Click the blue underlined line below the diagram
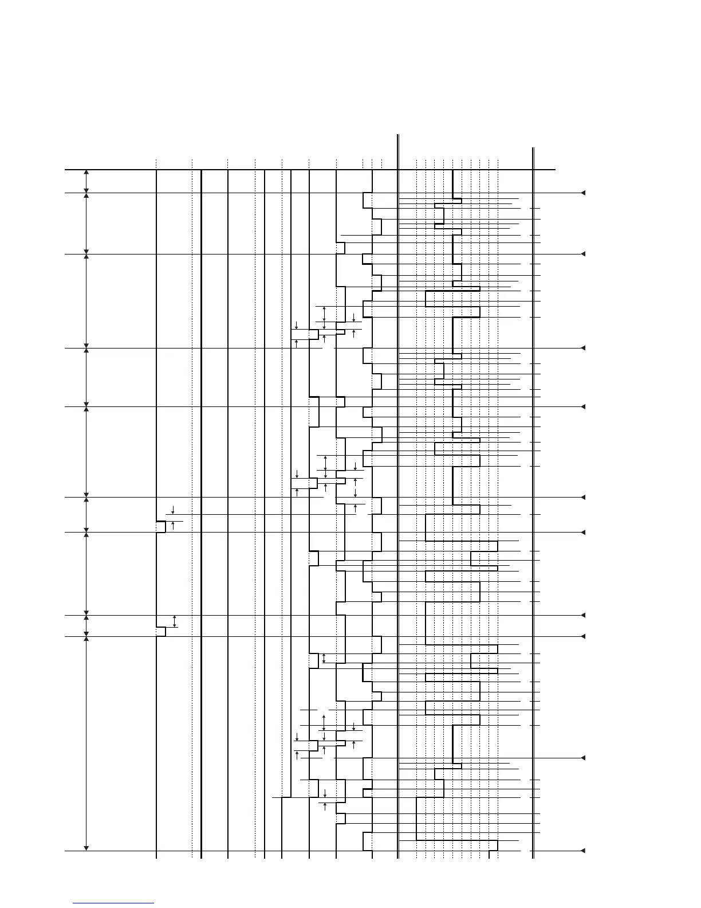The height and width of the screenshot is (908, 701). point(113,903)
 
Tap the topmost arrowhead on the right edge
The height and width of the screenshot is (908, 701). point(582,193)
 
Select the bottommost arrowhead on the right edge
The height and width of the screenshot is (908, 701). point(582,851)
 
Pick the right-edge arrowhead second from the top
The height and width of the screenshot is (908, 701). point(582,253)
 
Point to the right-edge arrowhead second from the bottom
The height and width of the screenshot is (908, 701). point(582,758)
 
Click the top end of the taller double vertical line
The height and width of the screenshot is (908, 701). point(397,135)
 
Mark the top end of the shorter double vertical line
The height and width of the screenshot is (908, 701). point(533,148)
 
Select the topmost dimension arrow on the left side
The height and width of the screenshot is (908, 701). point(86,181)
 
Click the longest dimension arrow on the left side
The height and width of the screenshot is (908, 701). point(86,743)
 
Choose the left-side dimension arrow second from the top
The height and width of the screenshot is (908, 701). point(86,223)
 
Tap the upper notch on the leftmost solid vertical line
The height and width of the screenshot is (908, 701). point(161,527)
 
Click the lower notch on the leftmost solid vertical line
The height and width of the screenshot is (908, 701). point(161,632)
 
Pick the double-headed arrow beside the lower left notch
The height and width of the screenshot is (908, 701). point(175,621)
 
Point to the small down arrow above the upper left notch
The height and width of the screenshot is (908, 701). point(173,510)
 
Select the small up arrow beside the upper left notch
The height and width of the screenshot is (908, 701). point(173,526)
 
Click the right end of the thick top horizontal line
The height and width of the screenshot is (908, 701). point(554,170)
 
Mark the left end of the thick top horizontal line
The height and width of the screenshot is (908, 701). point(66,170)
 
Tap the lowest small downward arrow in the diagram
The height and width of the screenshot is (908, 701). point(325,793)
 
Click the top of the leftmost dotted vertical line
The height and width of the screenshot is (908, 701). point(156,161)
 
